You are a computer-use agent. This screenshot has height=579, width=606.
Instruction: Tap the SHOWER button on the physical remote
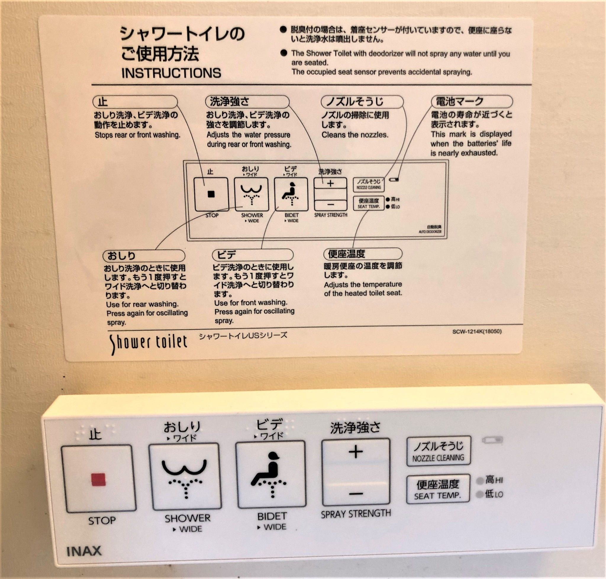tap(185, 476)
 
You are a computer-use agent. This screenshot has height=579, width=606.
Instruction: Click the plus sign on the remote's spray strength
tap(356, 452)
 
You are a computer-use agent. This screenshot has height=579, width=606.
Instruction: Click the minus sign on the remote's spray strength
tap(356, 494)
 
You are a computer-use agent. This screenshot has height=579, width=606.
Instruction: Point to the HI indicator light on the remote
tap(480, 480)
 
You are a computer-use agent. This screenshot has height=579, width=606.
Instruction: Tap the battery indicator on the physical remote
tap(492, 440)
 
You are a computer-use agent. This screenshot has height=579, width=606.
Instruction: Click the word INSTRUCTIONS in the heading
tap(171, 73)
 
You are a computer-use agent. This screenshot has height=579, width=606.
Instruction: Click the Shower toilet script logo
tap(149, 343)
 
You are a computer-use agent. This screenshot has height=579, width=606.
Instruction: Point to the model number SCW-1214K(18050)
tap(477, 331)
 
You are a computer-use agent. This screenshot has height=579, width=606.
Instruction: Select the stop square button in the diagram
tap(211, 194)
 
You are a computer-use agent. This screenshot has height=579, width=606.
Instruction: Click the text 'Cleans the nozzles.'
tap(355, 135)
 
